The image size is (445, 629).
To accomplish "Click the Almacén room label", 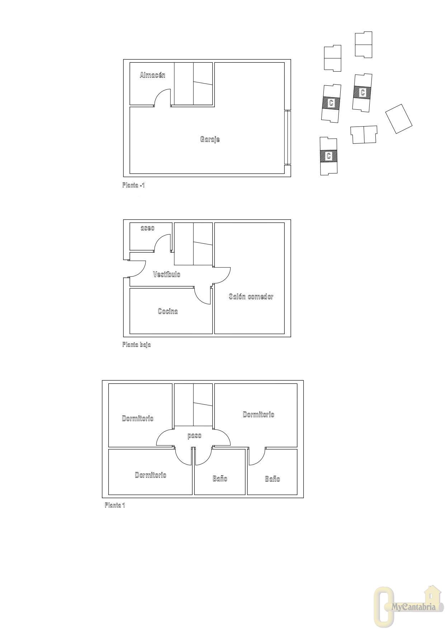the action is [152, 75].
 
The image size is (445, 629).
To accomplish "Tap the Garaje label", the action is [210, 139].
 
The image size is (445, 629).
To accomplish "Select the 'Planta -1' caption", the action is [133, 185].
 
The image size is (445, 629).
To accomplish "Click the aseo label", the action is [147, 228].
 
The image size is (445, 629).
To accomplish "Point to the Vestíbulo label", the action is [167, 274].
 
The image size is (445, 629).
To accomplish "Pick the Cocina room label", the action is [168, 311].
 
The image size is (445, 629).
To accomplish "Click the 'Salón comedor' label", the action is [251, 296].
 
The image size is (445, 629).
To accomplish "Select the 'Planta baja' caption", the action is [137, 344].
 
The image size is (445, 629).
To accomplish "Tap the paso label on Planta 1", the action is [194, 436].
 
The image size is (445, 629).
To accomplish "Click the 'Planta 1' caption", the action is [115, 505].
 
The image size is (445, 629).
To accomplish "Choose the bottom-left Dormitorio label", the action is [151, 475].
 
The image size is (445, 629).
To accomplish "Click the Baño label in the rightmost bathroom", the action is [273, 479].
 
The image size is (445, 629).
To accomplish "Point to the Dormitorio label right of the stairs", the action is [259, 414].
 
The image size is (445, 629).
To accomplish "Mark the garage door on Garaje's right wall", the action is [288, 137].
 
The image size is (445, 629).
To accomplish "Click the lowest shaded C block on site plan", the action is [328, 156].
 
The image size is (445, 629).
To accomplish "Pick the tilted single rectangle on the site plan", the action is [399, 119].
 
